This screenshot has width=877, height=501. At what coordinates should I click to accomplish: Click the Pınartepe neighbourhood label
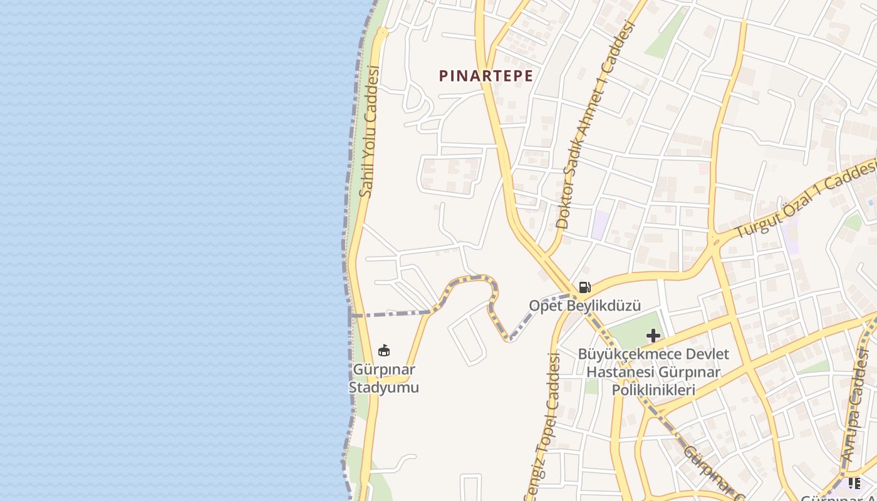[486, 76]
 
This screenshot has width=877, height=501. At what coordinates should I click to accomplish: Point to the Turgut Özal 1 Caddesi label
[807, 199]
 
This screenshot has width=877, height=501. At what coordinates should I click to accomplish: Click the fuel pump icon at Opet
[584, 287]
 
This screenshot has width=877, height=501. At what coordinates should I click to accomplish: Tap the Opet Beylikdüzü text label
[584, 306]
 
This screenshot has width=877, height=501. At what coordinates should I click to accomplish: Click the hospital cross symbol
[653, 336]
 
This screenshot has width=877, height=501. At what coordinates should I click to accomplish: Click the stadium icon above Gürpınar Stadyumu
[384, 350]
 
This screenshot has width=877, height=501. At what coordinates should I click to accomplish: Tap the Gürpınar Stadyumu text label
[383, 379]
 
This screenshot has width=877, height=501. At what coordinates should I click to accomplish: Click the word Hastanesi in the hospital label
[618, 373]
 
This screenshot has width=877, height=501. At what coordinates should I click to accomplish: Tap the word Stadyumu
[383, 388]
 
